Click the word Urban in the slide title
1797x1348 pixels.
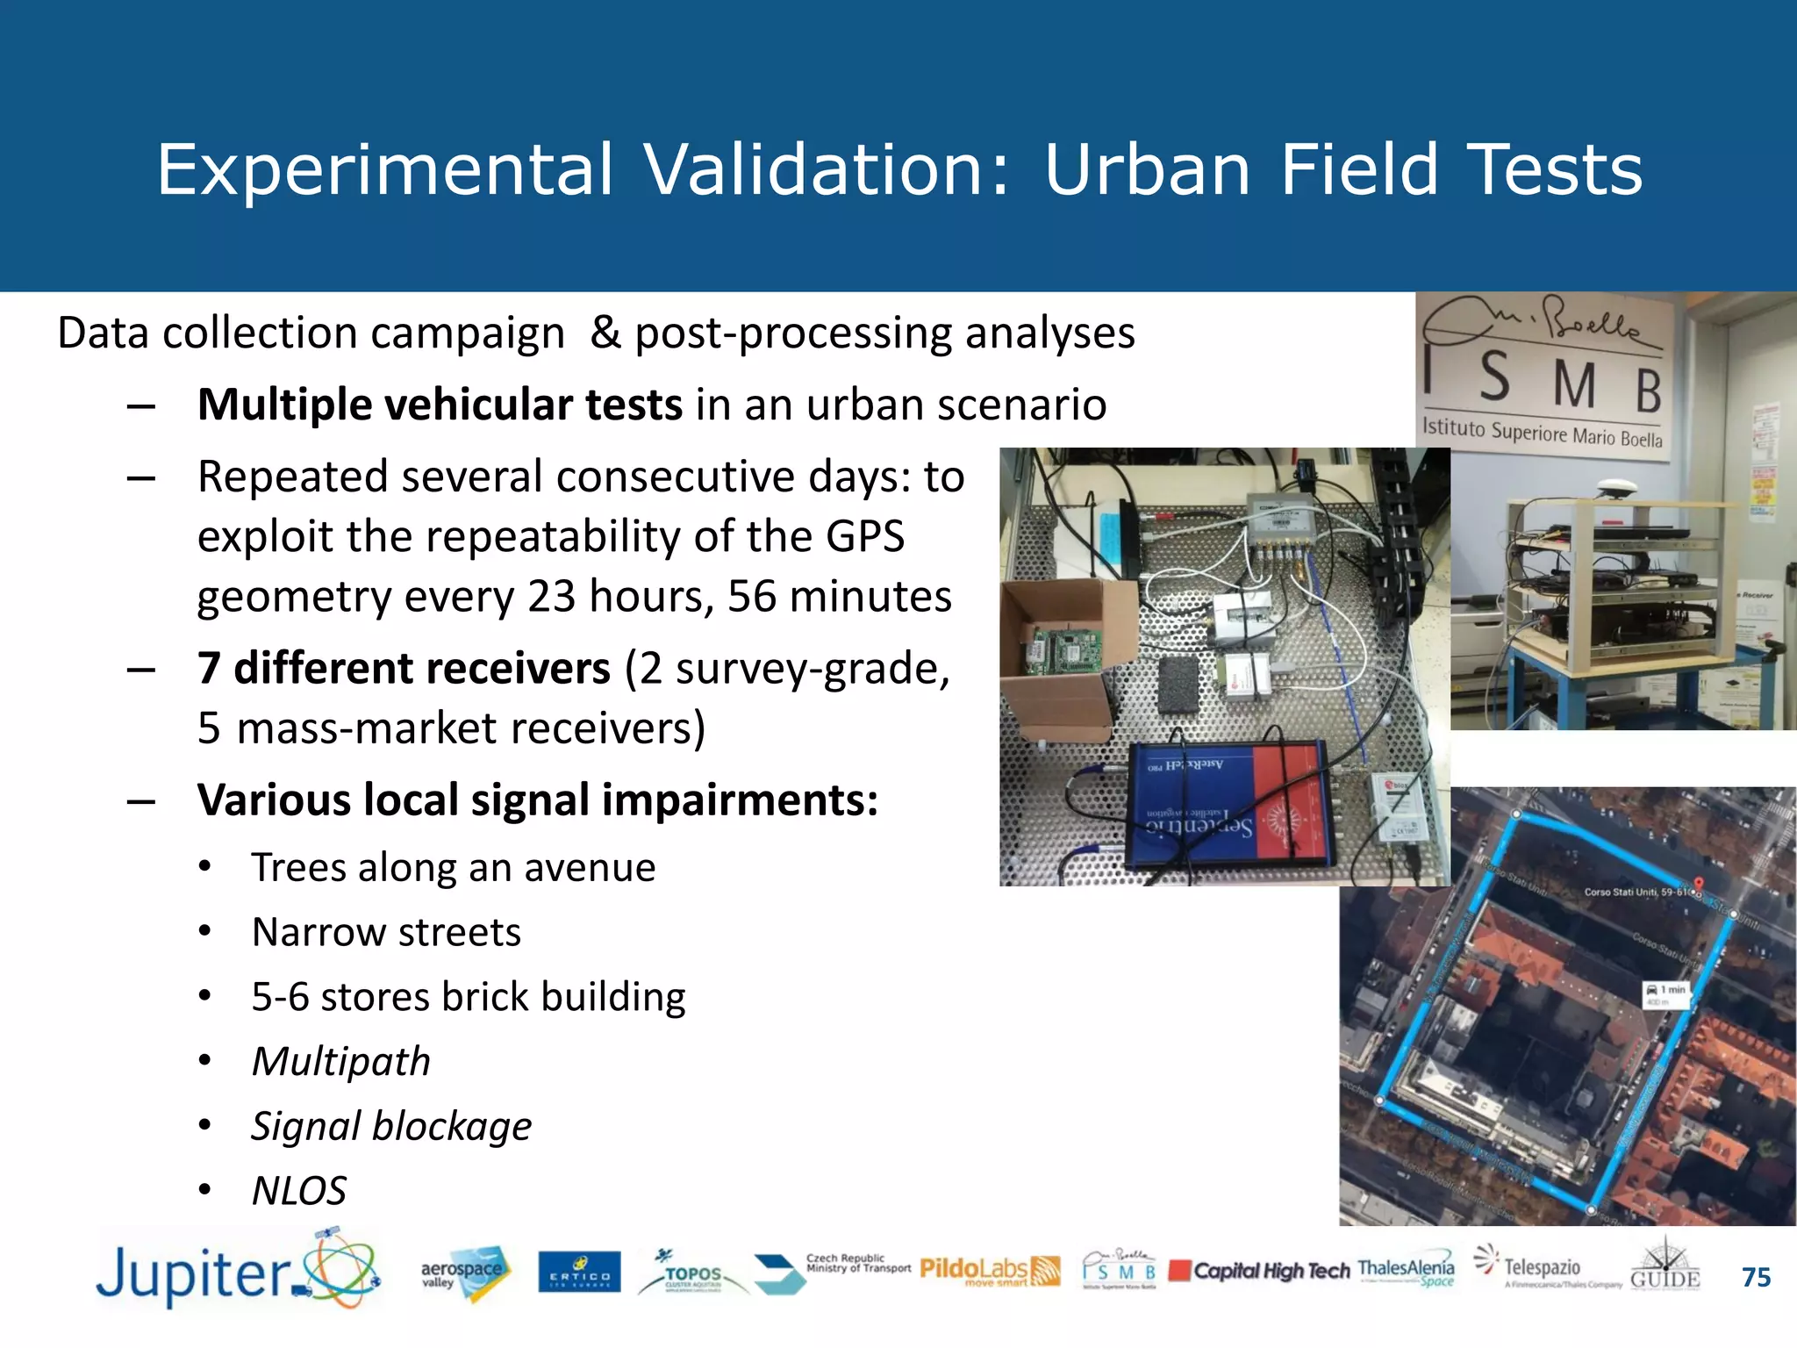1147,169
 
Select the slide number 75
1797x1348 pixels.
1756,1277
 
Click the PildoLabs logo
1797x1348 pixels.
990,1271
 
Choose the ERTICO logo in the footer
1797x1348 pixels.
579,1273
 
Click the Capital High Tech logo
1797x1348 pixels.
1260,1271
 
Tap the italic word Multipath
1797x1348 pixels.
341,1062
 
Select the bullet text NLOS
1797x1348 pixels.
299,1191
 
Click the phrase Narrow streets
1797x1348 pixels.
386,932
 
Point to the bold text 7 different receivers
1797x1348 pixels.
404,669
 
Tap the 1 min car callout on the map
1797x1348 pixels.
1665,993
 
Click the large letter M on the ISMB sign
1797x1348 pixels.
1575,386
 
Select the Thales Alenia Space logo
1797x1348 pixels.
1406,1271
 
